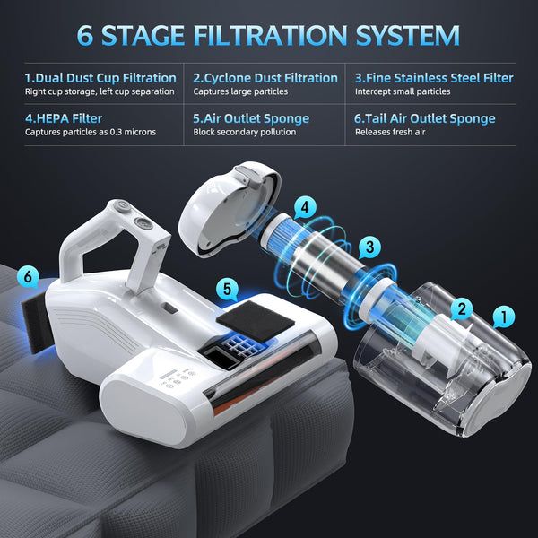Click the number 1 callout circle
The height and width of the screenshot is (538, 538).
pos(504,317)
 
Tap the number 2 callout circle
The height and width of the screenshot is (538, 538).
pos(462,309)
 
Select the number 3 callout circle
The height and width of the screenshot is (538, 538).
pos(368,247)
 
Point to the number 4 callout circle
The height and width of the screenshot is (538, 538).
pos(307,206)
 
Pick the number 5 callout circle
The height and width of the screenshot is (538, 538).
pos(228,289)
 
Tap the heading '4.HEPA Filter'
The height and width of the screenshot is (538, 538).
pos(64,117)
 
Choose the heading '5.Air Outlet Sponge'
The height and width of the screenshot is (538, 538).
pos(251,117)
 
